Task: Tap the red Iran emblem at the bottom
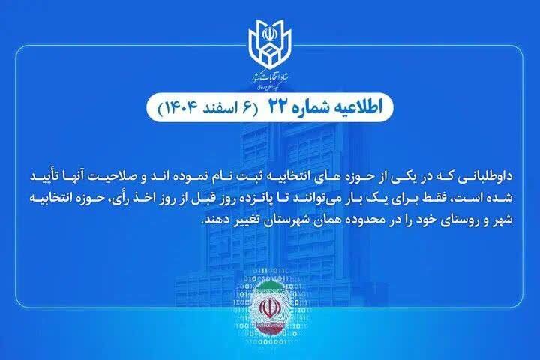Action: click(x=270, y=310)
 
